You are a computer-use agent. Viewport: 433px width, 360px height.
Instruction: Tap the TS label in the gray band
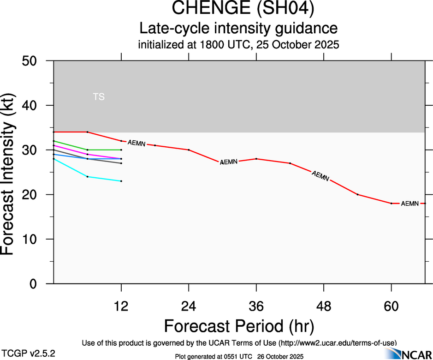pos(99,97)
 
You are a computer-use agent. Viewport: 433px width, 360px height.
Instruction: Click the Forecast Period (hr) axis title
pos(239,326)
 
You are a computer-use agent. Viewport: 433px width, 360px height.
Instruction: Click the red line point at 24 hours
pos(189,150)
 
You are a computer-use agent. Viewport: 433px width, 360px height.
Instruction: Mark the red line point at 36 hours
pos(256,159)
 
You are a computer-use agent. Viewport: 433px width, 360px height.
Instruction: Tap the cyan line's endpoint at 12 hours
pos(121,181)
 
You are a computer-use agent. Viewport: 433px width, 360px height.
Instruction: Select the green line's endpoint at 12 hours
pos(121,150)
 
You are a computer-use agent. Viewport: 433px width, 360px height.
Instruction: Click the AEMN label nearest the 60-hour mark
pos(409,204)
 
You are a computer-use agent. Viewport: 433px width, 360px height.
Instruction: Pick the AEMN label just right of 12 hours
pos(136,143)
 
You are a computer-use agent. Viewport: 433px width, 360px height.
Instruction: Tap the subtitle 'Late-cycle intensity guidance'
pos(239,29)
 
